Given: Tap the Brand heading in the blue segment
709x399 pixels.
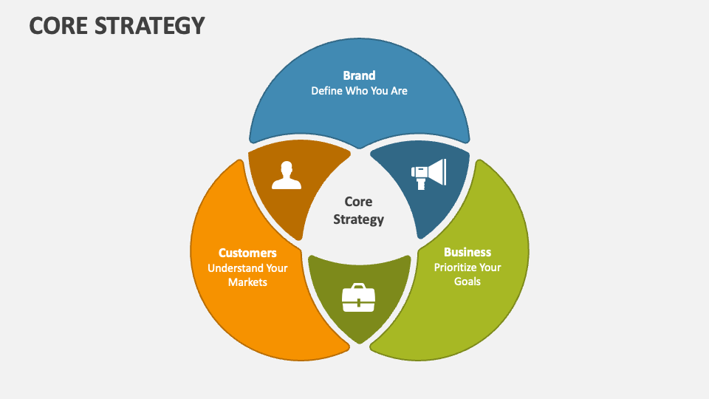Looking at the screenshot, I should coord(359,75).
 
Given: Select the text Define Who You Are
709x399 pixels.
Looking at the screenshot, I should coord(359,91).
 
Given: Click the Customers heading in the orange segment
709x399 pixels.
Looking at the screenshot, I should coord(247,253).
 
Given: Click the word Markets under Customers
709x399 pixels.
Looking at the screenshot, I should coord(247,282).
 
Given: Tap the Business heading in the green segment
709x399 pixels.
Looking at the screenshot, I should coord(467,252).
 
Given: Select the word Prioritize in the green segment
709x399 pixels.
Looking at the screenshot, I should coord(456,267).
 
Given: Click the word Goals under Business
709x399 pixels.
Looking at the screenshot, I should coord(467,281).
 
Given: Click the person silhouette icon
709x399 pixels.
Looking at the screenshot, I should coord(287,175).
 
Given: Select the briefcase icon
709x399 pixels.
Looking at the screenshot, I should coord(358,298).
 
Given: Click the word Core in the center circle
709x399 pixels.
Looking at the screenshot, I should coord(358,202).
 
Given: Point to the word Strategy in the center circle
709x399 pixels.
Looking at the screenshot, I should coord(358,219).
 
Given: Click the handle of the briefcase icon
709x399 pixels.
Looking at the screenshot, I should coord(358,286).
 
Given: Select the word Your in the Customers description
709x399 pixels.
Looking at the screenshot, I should coord(275,268).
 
